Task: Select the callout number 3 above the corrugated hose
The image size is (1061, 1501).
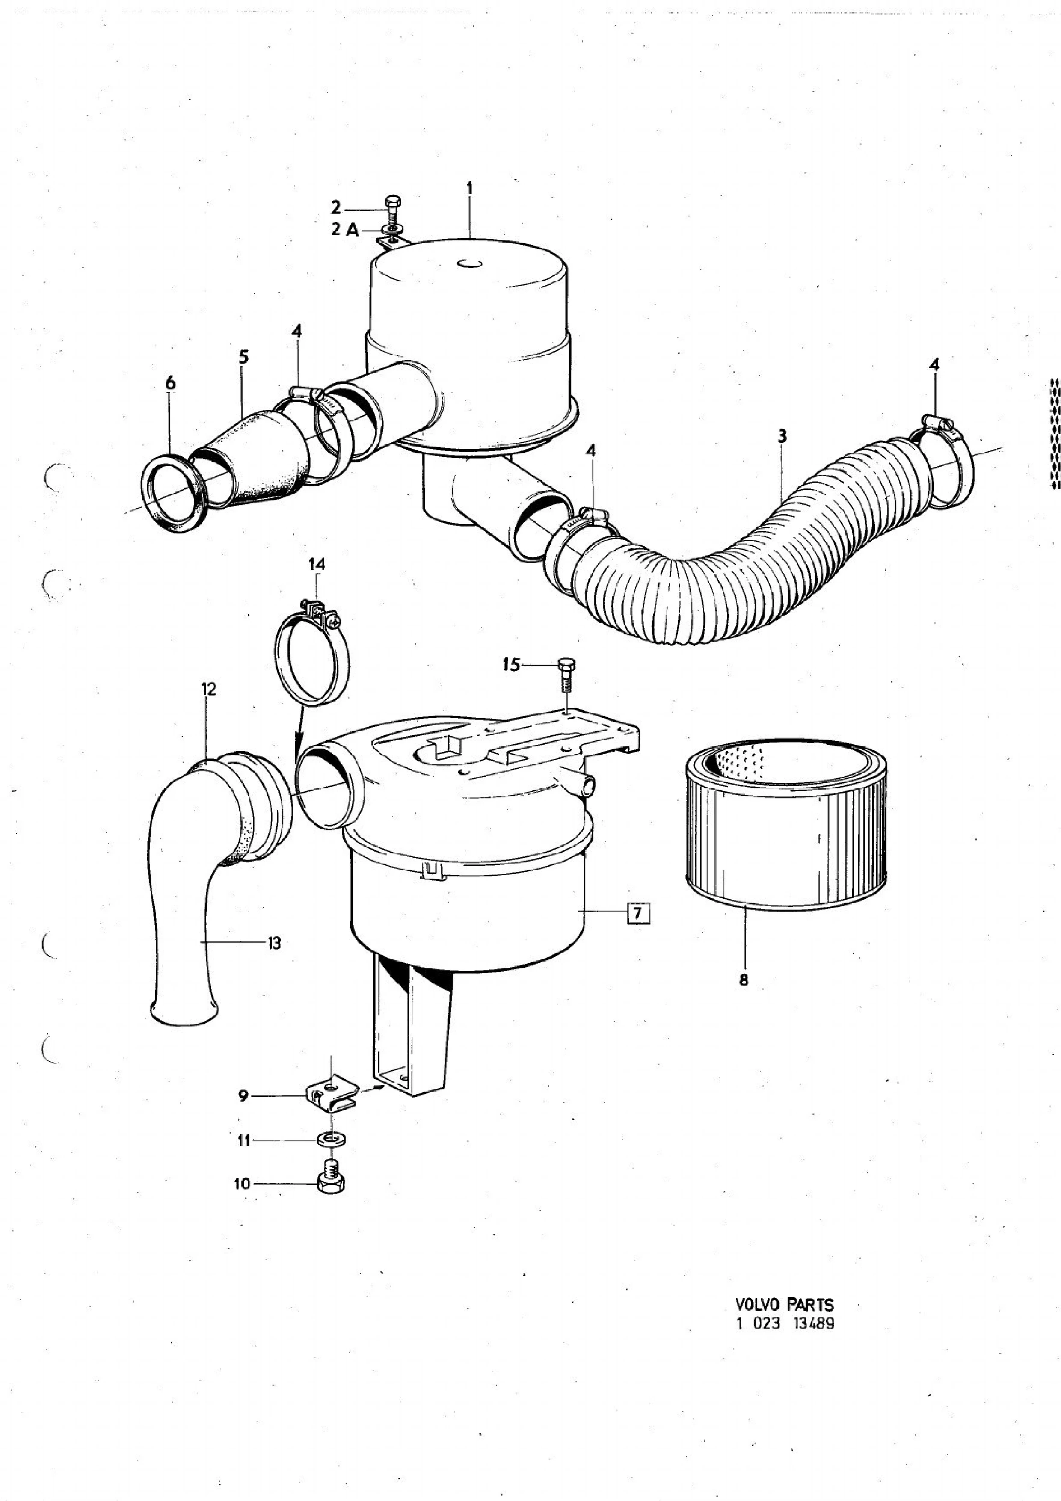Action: (782, 436)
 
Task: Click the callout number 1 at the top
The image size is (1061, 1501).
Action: (469, 188)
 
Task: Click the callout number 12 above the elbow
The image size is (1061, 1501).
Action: (208, 689)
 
